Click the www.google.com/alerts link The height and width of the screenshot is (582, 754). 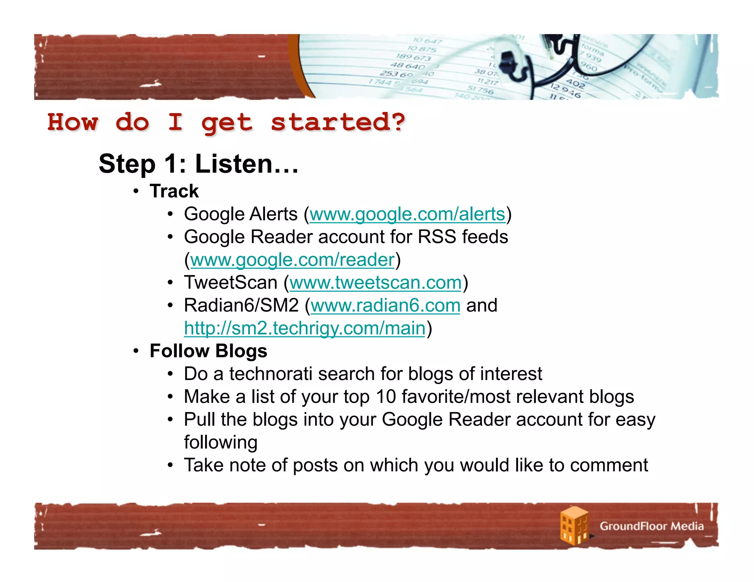(x=407, y=214)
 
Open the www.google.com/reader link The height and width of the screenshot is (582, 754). (x=292, y=260)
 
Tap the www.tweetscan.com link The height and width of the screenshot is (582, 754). (x=376, y=283)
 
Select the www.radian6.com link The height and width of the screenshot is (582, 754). (x=385, y=305)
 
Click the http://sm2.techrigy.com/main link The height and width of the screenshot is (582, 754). (x=304, y=328)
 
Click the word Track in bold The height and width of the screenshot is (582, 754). (x=174, y=191)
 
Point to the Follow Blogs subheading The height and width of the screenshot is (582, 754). (x=208, y=351)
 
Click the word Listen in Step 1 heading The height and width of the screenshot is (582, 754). (x=246, y=164)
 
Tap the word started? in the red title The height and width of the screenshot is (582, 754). (x=338, y=123)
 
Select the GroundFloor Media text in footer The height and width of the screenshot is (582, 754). (x=651, y=526)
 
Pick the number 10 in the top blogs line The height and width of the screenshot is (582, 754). (x=385, y=397)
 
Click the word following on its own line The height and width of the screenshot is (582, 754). (x=221, y=443)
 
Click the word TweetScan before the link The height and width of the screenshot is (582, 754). (x=230, y=283)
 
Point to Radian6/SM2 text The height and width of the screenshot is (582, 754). (x=241, y=305)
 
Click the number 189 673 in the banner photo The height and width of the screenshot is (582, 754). (x=413, y=57)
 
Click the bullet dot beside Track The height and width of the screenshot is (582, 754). (x=136, y=191)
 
